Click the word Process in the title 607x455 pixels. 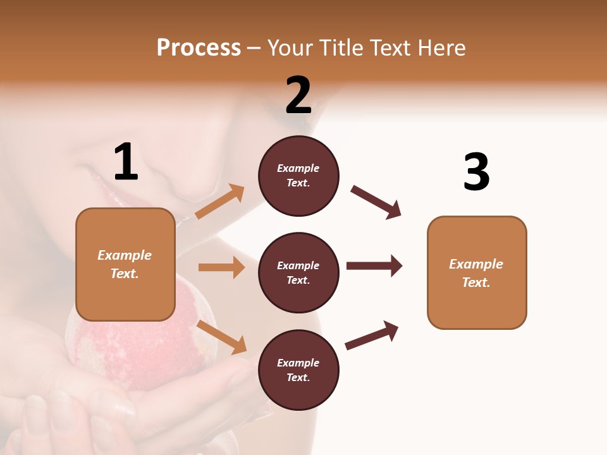(x=199, y=47)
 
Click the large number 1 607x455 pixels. (x=126, y=162)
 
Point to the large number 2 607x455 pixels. (x=298, y=95)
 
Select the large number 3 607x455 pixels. (x=476, y=172)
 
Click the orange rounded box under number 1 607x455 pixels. (x=125, y=264)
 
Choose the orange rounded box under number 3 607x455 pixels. (x=477, y=272)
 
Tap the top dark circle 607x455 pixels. (x=298, y=176)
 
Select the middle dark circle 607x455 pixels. (x=298, y=272)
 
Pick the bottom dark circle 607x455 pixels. (x=298, y=370)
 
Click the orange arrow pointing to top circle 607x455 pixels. (x=219, y=202)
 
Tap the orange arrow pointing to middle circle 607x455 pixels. (x=221, y=267)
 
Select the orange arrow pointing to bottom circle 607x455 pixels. (x=221, y=337)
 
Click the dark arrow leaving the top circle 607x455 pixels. (x=376, y=202)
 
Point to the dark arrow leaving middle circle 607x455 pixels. (x=374, y=266)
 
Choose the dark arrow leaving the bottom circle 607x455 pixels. (x=372, y=335)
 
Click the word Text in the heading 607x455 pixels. (x=387, y=47)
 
